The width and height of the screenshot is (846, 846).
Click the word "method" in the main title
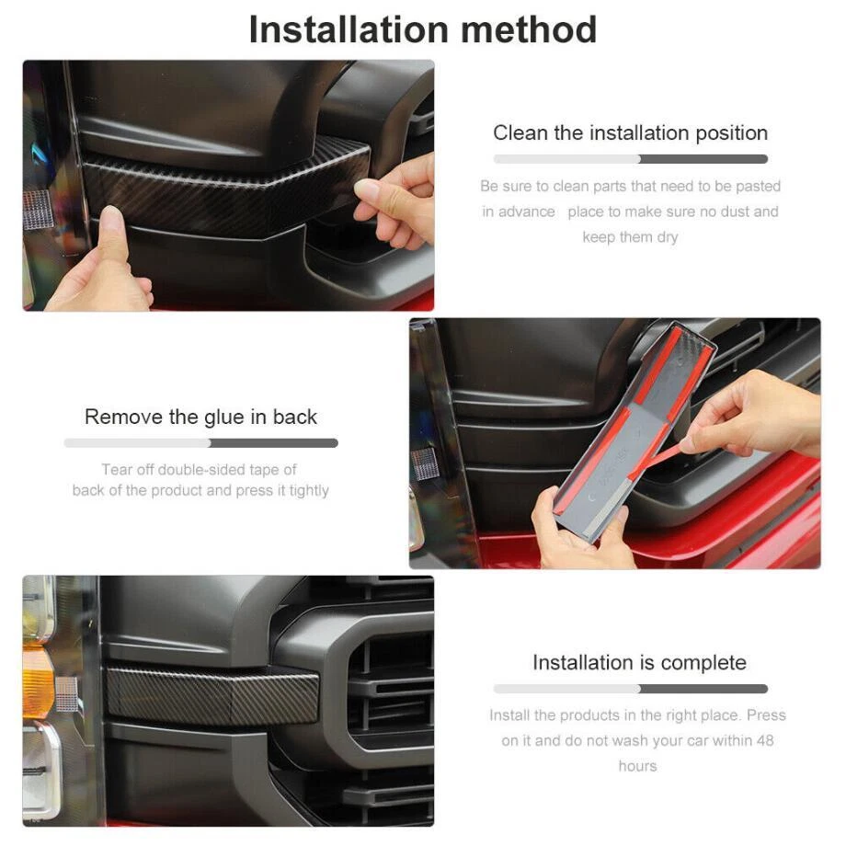[x=529, y=29]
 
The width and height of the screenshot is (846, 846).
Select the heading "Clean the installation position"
[x=630, y=133]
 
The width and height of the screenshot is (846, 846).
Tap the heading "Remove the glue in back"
[x=200, y=417]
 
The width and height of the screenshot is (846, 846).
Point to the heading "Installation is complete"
[x=639, y=663]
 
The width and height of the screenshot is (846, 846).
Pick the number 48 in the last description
[x=765, y=740]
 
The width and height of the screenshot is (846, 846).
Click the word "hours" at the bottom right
[x=638, y=766]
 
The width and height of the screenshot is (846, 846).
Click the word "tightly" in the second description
[x=309, y=491]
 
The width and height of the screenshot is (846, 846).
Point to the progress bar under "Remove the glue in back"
[x=200, y=443]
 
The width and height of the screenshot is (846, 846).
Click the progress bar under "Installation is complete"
[x=630, y=689]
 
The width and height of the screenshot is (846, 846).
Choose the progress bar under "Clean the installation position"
[x=630, y=159]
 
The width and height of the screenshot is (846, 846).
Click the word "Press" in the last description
[x=766, y=715]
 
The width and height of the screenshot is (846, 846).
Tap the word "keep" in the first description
[x=595, y=237]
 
